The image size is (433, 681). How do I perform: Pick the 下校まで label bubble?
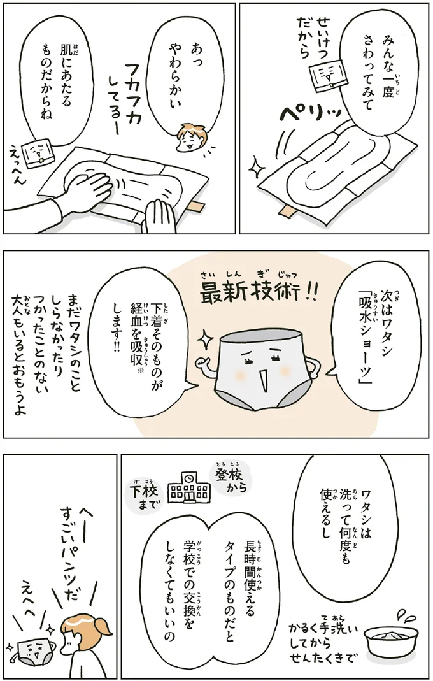click(x=144, y=497)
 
